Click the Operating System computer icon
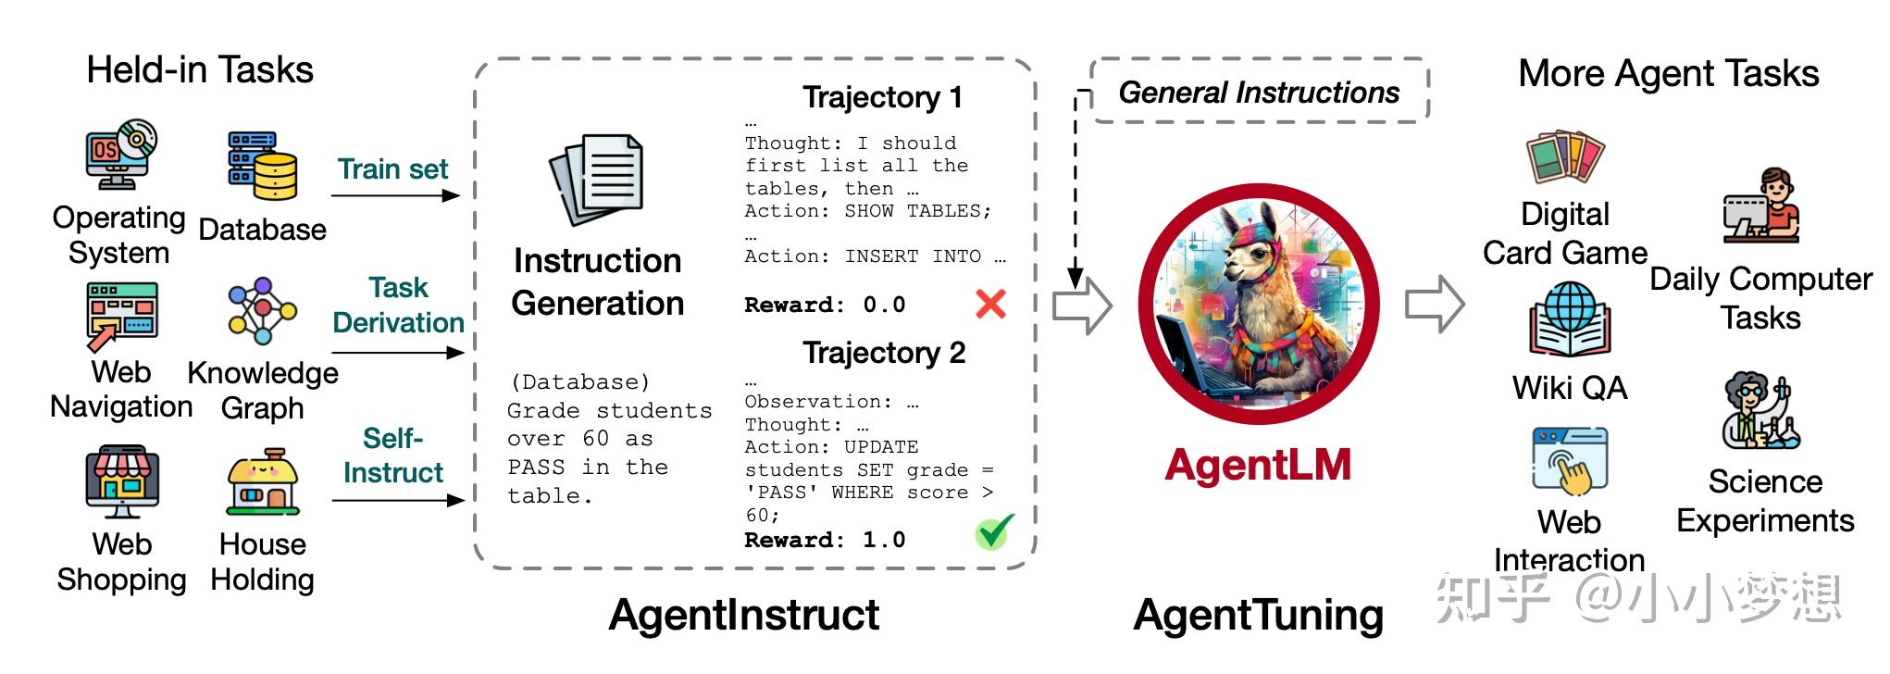(120, 156)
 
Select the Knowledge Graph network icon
(263, 311)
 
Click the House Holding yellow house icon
(263, 483)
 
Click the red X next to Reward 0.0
(990, 304)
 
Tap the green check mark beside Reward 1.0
(993, 532)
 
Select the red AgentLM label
(1258, 466)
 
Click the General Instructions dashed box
(1259, 92)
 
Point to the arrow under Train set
(395, 195)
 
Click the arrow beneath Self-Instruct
(397, 500)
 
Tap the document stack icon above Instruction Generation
(597, 180)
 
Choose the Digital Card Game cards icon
(1565, 158)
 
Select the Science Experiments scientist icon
(1759, 411)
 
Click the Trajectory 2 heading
(884, 353)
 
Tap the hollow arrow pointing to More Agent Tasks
(1435, 304)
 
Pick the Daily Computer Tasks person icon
(1760, 207)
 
